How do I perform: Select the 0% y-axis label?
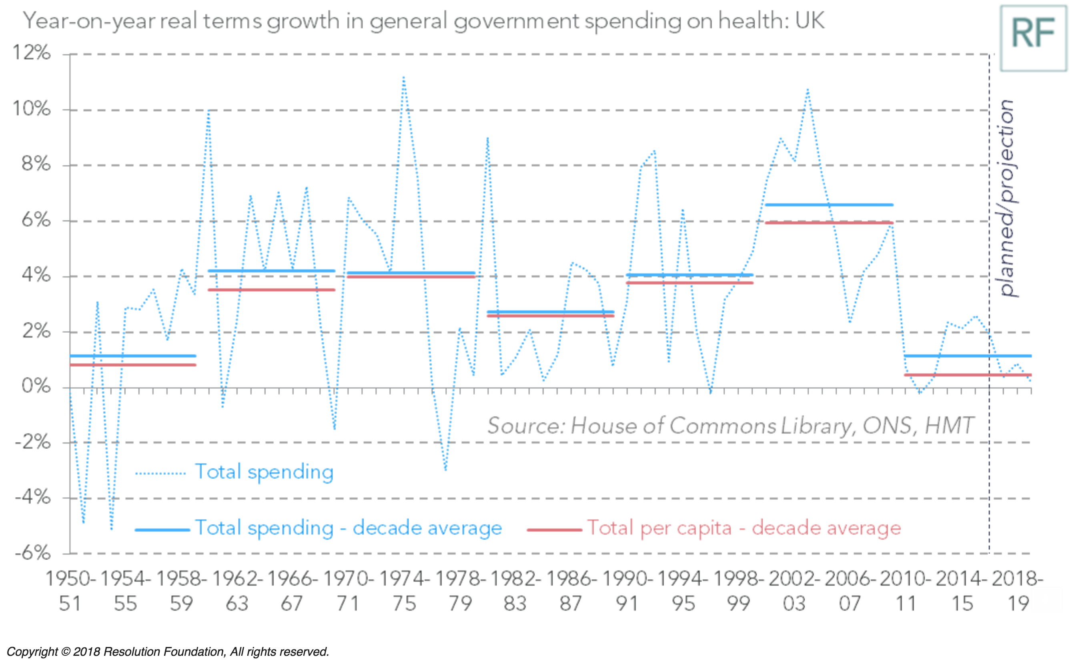tap(36, 386)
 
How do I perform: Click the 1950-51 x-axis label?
tap(70, 591)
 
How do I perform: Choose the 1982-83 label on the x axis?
tap(515, 591)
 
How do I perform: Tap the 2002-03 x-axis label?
tap(794, 591)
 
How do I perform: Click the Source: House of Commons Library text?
tap(730, 426)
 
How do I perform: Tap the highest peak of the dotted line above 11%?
tap(403, 78)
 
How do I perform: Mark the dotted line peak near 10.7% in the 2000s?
tap(807, 90)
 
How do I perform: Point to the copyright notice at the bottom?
tap(168, 652)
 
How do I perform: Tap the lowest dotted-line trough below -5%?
tap(112, 529)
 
